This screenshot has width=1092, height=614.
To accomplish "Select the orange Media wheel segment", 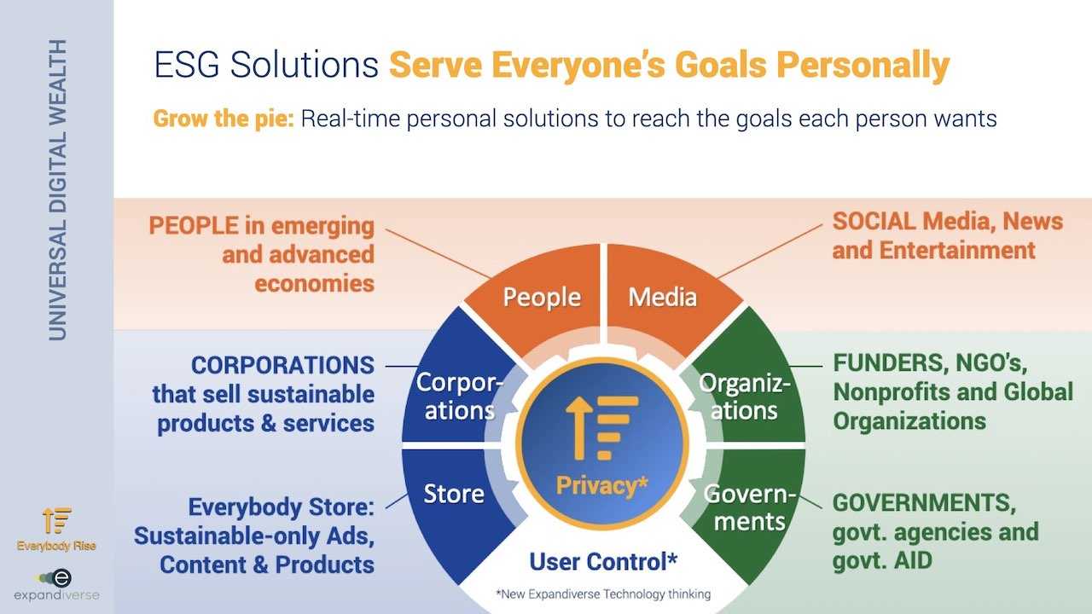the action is pyautogui.click(x=668, y=298).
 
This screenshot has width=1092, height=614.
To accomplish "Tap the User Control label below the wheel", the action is pyautogui.click(x=603, y=561).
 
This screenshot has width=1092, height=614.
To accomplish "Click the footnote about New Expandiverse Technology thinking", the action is pyautogui.click(x=603, y=594).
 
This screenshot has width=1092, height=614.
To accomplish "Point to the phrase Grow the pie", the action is pyautogui.click(x=224, y=119).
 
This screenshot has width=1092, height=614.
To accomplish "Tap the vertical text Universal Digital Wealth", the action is pyautogui.click(x=57, y=190).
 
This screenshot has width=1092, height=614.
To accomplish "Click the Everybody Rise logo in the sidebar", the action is pyautogui.click(x=56, y=529).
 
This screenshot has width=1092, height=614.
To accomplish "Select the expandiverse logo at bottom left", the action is pyautogui.click(x=56, y=585).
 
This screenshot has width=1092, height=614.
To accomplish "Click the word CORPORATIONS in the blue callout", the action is pyautogui.click(x=282, y=366).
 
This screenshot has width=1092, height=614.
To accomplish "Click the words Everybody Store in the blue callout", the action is pyautogui.click(x=282, y=507).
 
